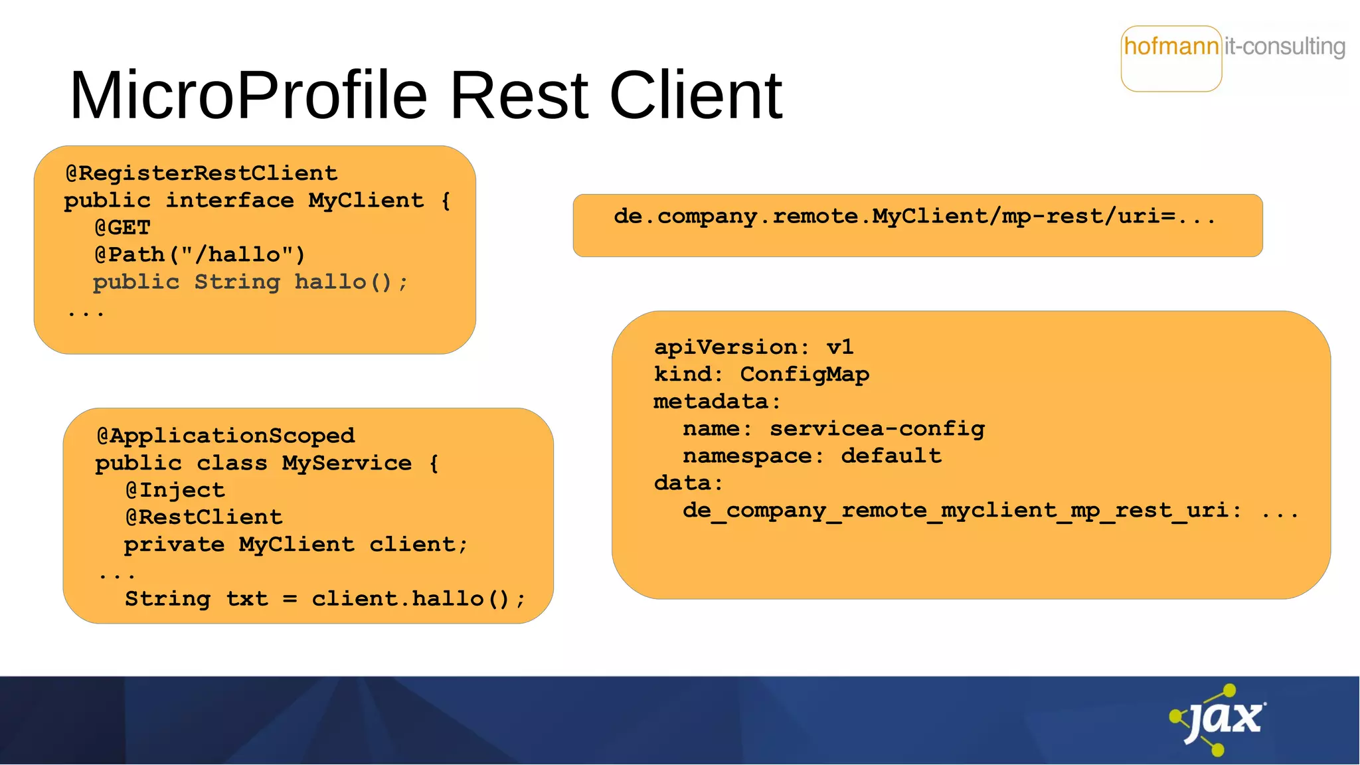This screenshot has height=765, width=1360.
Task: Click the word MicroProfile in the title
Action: point(248,96)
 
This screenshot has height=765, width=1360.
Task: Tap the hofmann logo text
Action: point(1171,46)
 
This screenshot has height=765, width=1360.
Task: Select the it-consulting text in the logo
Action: point(1285,46)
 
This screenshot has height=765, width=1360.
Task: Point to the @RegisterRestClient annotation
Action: point(201,173)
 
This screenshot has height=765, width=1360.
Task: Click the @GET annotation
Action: point(123,228)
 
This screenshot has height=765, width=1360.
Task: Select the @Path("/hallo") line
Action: point(199,255)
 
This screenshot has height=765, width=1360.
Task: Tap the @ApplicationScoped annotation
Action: point(226,436)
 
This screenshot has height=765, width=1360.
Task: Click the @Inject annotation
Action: point(175,491)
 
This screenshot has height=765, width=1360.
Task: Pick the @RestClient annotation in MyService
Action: point(204,517)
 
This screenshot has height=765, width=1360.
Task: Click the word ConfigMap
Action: point(804,375)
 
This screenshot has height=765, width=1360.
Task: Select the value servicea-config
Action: point(877,429)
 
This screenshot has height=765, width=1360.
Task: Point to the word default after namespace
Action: point(891,456)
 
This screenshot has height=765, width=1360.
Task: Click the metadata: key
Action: point(717,402)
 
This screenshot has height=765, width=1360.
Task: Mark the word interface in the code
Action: point(230,201)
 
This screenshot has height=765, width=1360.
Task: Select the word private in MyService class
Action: point(174,545)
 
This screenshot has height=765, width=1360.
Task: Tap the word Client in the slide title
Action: point(695,96)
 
